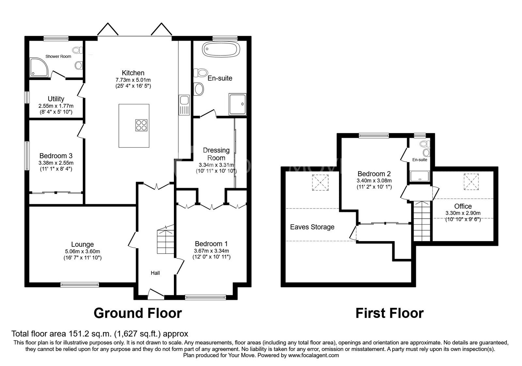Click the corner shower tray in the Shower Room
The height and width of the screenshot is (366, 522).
tap(38, 67)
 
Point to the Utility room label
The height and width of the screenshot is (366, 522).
tap(56, 99)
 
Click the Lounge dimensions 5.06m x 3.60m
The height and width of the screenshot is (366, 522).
tap(82, 251)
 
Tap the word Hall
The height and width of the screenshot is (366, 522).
tap(155, 273)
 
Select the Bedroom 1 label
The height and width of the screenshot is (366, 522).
tap(211, 244)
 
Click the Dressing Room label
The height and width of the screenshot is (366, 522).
tap(216, 154)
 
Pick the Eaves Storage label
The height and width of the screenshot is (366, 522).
tap(312, 227)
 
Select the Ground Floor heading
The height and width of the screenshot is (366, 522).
tap(137, 313)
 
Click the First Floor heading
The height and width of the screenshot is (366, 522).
tap(389, 313)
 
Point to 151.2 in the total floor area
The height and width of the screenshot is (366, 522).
tap(79, 334)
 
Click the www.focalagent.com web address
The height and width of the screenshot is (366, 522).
tap(314, 355)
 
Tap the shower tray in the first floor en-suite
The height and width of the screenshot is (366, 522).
tap(420, 176)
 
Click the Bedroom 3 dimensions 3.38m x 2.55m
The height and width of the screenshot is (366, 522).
tap(56, 163)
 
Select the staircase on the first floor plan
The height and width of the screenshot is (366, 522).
tap(422, 221)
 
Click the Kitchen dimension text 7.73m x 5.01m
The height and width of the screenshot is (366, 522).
tap(133, 80)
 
